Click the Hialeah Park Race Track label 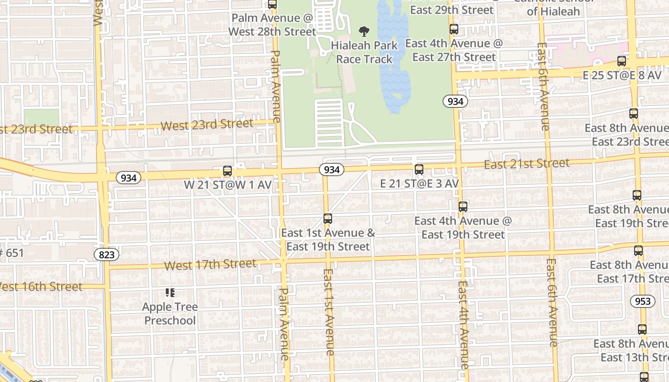[x=364, y=53]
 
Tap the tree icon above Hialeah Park [x=364, y=32]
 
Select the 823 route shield [x=107, y=255]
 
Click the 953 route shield [x=642, y=301]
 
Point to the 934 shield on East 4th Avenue [x=454, y=101]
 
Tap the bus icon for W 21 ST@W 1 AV [x=227, y=170]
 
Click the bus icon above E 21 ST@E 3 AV [x=419, y=169]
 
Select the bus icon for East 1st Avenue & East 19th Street [x=327, y=219]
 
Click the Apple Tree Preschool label [x=170, y=313]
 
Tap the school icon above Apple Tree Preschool [x=170, y=292]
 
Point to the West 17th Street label [x=210, y=265]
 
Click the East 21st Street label [x=527, y=164]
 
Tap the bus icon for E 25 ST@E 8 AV [x=621, y=61]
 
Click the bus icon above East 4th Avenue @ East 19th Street [x=463, y=207]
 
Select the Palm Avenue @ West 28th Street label [x=272, y=25]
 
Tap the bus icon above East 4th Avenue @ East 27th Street [x=453, y=29]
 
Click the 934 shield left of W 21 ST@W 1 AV [x=129, y=178]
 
